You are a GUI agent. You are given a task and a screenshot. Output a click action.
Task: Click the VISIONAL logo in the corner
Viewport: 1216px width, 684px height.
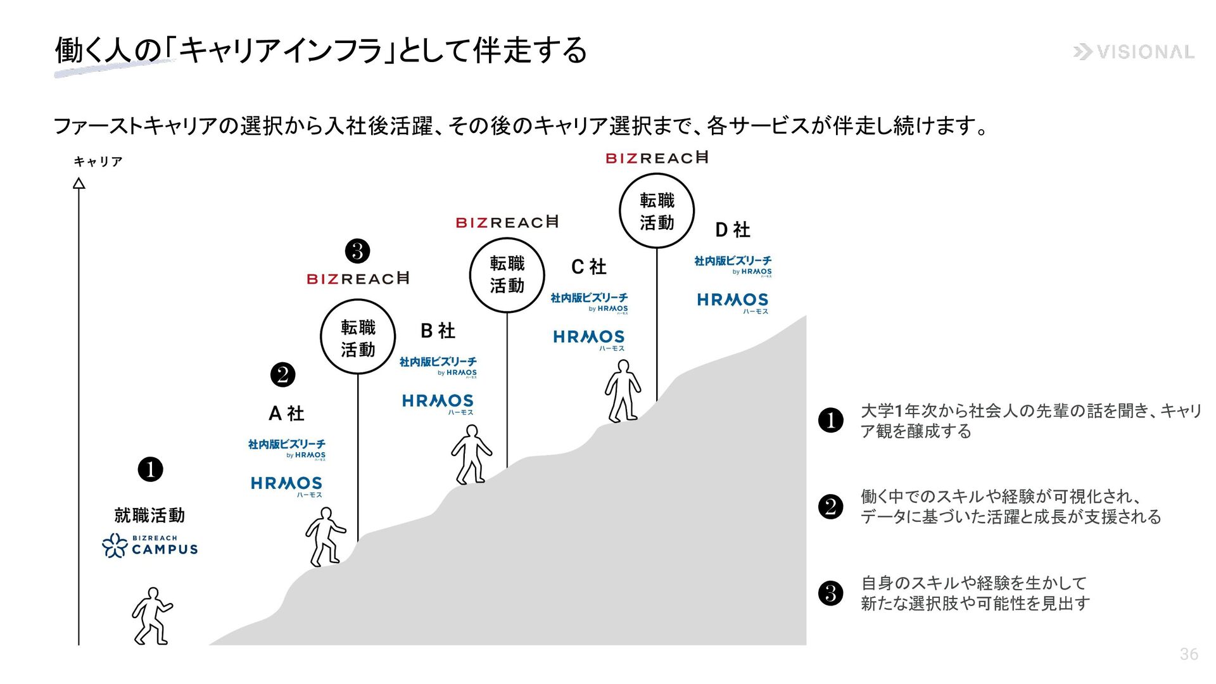(x=1134, y=52)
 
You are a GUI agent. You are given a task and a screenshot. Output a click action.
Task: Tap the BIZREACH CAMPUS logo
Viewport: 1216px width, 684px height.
(x=150, y=545)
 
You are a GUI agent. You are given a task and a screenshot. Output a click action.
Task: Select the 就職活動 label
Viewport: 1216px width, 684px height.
(x=149, y=516)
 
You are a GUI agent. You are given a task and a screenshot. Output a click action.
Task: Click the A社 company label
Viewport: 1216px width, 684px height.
(x=286, y=414)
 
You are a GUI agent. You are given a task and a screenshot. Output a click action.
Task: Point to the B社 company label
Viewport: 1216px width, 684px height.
(x=438, y=331)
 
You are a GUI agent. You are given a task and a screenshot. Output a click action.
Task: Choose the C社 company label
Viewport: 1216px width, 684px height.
(x=588, y=267)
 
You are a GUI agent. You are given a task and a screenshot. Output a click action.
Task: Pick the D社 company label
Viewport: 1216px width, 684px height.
(x=732, y=229)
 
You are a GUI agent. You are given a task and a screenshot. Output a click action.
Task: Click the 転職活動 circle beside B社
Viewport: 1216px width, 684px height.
(x=358, y=337)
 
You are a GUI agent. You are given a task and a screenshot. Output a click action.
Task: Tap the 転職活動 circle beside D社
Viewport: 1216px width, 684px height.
(x=657, y=211)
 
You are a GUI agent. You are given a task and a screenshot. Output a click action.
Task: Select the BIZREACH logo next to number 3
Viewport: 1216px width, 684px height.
(x=358, y=279)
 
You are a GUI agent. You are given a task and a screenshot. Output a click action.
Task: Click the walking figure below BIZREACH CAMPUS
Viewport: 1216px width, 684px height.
(x=152, y=616)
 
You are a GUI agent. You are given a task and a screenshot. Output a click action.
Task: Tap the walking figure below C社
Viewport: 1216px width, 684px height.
(x=623, y=391)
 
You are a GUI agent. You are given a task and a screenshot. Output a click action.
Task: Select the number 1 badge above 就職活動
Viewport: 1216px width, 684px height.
(x=150, y=470)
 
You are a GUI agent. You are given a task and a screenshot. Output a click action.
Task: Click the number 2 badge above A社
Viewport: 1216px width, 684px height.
(x=282, y=375)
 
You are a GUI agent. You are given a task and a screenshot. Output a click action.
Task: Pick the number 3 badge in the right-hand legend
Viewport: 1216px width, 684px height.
(x=831, y=593)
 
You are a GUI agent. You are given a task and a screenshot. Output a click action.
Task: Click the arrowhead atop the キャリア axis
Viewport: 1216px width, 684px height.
(x=79, y=184)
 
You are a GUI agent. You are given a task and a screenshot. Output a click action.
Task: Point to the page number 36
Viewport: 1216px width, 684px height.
(x=1189, y=654)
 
